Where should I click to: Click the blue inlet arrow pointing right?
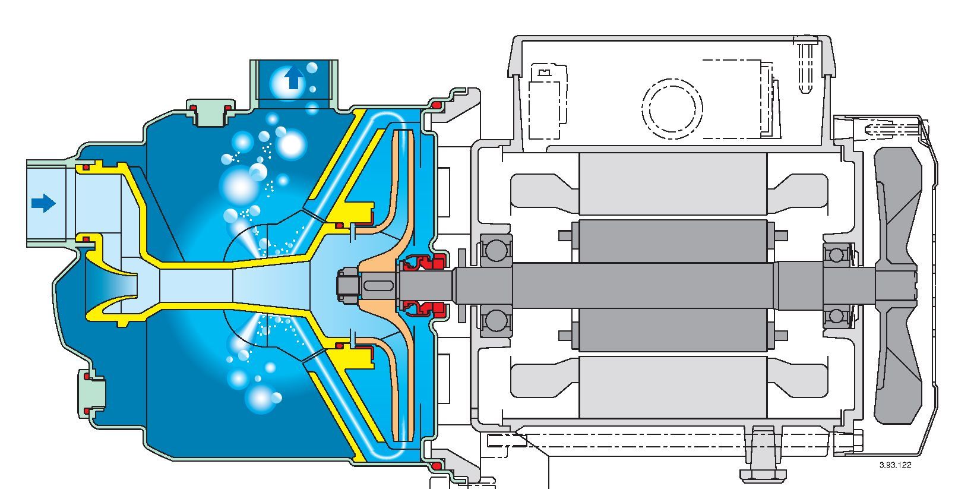tap(43, 204)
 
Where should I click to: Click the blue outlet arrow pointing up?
tap(293, 78)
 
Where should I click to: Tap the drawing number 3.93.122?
tap(895, 465)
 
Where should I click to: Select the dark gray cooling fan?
tap(897, 285)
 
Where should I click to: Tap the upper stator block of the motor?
tap(672, 184)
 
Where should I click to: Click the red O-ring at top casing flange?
tap(437, 105)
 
